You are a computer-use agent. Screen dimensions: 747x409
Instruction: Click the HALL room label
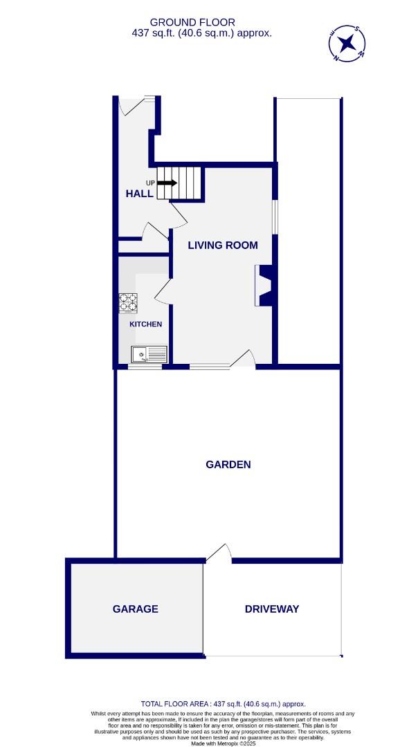coord(139,194)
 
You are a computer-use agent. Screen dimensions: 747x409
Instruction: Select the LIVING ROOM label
coord(223,245)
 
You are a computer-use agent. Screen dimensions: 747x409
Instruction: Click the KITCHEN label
coord(145,324)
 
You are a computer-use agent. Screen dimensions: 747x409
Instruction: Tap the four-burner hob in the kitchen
coord(127,302)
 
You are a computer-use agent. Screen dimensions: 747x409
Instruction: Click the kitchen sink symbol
coord(149,354)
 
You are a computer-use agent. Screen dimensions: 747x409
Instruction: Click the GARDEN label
coord(228,465)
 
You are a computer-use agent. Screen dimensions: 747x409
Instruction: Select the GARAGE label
coord(136,609)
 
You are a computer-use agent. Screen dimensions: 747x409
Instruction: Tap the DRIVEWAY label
coord(272,609)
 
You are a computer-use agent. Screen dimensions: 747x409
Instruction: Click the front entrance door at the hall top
coord(131,104)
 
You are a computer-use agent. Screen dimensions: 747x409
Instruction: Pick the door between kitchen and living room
coord(163,290)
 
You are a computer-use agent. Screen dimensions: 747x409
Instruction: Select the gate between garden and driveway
coord(219,553)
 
